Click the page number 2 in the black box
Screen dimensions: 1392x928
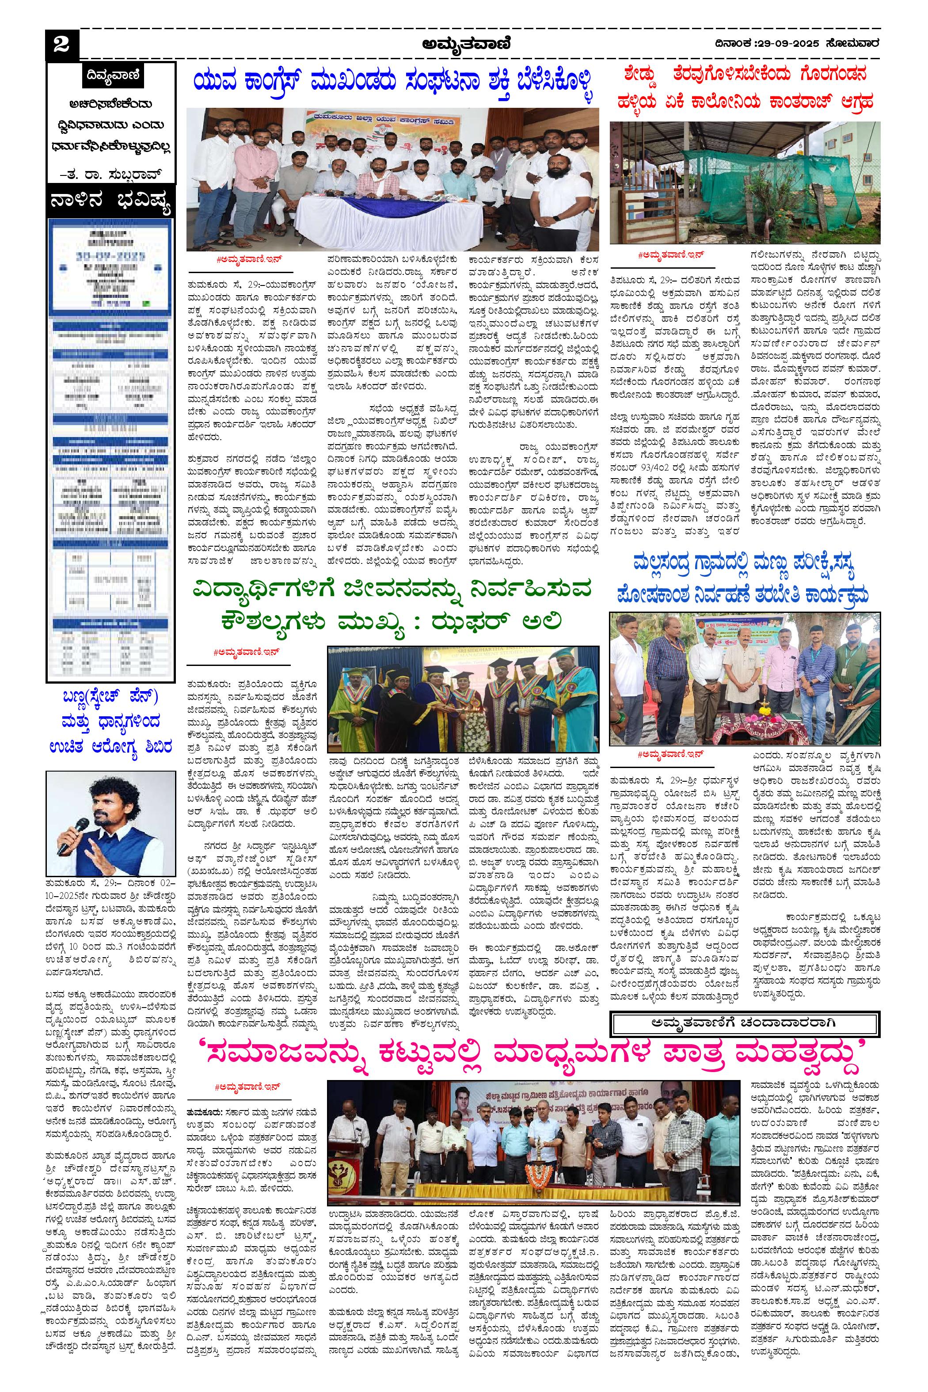click(61, 45)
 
